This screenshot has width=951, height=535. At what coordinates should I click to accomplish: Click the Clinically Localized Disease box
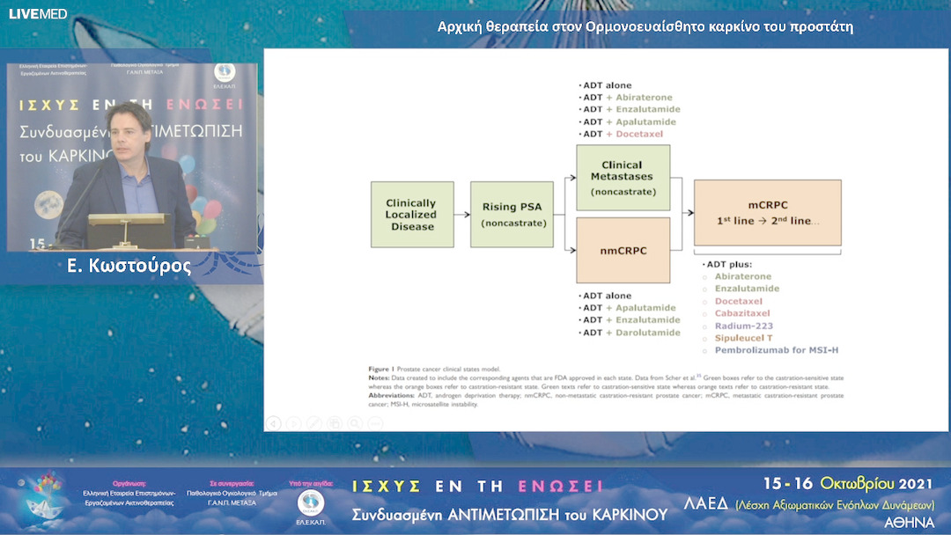(412, 214)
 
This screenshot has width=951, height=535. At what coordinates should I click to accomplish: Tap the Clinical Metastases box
(623, 177)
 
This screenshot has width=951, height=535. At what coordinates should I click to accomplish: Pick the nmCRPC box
(623, 251)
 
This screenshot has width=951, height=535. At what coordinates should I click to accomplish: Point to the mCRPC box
(767, 212)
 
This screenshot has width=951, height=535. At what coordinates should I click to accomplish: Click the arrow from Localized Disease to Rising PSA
(462, 214)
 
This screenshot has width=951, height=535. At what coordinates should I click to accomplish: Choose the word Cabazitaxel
(741, 313)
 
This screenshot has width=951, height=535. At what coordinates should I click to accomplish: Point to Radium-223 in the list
(743, 326)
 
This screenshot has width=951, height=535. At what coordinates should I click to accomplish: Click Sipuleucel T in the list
(743, 338)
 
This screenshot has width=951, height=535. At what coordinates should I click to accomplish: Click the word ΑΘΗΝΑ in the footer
(910, 522)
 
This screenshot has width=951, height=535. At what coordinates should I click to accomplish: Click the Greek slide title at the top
(645, 26)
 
